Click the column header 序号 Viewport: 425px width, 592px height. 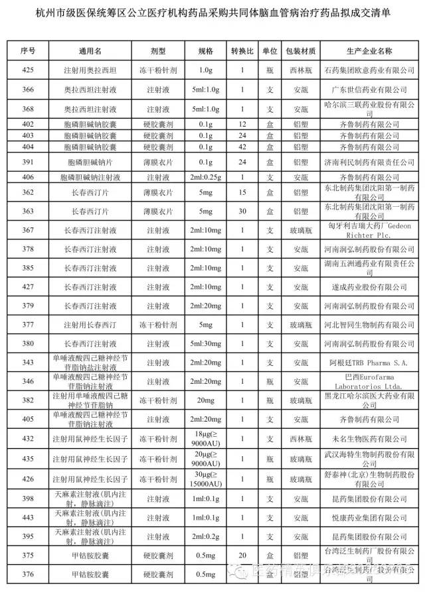[x=29, y=50]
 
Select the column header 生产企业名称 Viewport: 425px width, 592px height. [x=369, y=50]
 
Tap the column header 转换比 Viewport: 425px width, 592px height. [x=243, y=50]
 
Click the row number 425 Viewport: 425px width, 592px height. [x=29, y=70]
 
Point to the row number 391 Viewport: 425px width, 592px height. [x=29, y=162]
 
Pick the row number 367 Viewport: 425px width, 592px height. [x=29, y=230]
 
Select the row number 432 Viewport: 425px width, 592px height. [x=29, y=438]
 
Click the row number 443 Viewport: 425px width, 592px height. [x=29, y=517]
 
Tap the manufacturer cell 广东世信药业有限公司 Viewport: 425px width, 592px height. [x=369, y=89]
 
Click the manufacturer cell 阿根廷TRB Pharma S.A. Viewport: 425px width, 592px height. [x=369, y=363]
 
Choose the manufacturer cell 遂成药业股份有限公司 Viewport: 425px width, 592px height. [x=369, y=287]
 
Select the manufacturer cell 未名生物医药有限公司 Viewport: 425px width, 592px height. [x=369, y=438]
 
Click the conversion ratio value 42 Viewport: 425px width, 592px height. [x=243, y=147]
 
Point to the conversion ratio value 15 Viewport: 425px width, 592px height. [x=243, y=192]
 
